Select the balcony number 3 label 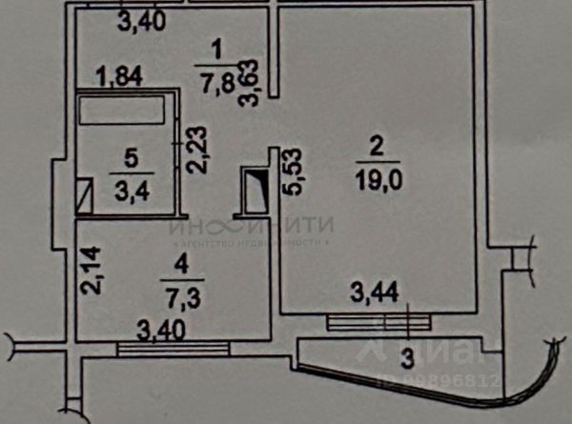point(407,357)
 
